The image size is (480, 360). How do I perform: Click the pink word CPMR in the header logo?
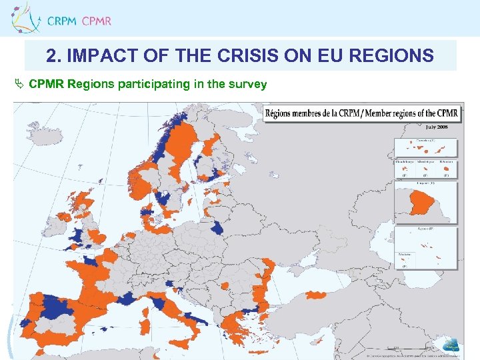pos(97,21)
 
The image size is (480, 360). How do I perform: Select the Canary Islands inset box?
pos(425,147)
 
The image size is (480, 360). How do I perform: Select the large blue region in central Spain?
pos(60,308)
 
